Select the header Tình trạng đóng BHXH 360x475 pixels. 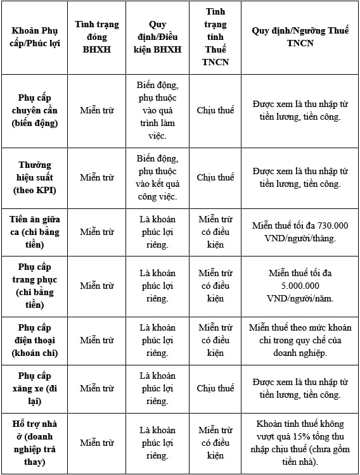tap(97, 37)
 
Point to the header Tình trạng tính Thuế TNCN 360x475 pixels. tap(215, 37)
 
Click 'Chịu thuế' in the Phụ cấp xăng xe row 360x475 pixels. tap(215, 388)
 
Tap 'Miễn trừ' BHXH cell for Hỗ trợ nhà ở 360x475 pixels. tap(97, 443)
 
